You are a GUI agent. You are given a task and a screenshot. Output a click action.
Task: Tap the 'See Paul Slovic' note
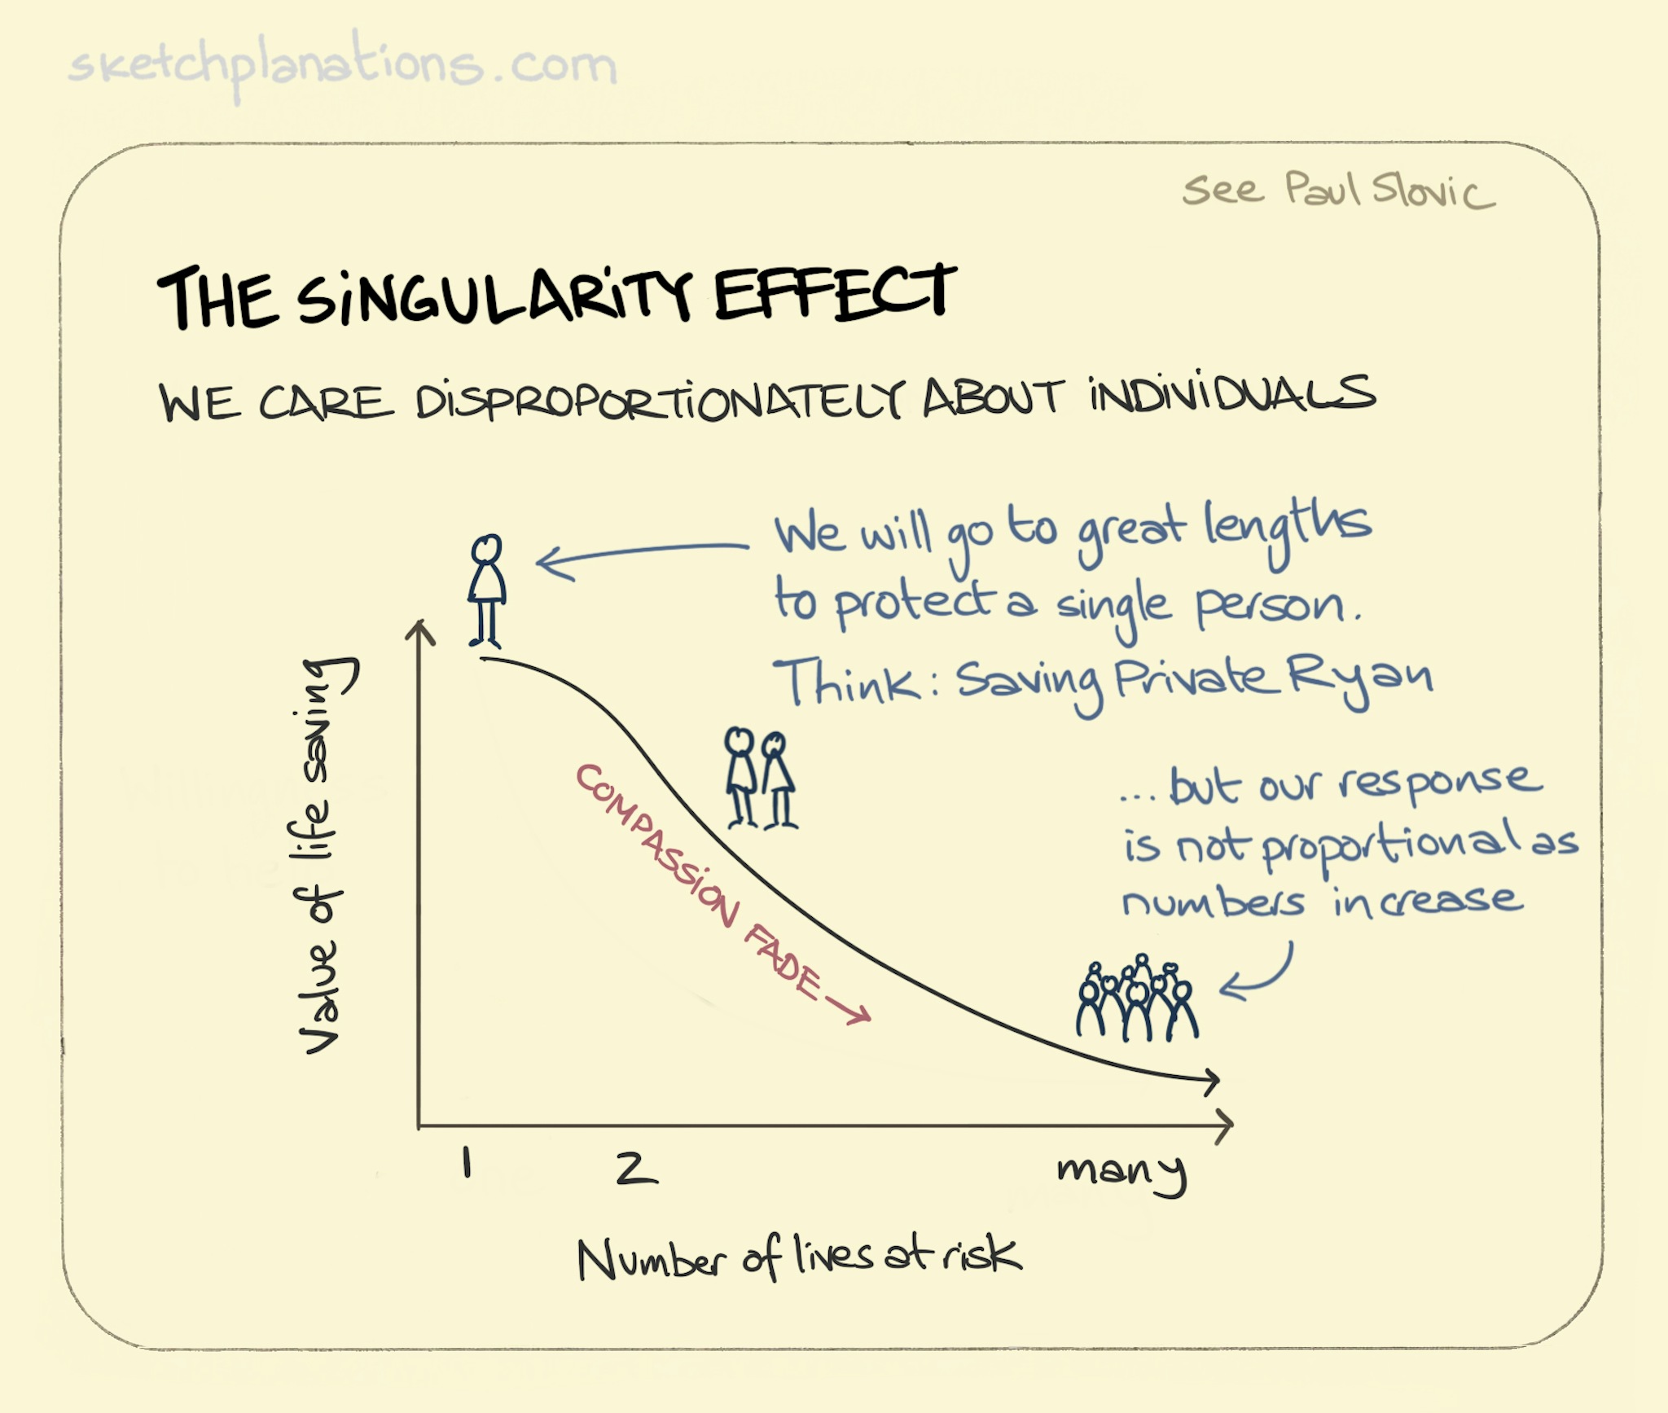[1337, 191]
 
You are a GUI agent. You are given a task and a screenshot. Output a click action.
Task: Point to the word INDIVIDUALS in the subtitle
[1231, 396]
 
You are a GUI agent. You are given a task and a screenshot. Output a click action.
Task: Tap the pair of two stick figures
[760, 778]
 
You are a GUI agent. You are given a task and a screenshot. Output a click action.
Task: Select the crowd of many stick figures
[1137, 1000]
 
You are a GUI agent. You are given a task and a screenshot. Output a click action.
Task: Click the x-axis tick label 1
[467, 1163]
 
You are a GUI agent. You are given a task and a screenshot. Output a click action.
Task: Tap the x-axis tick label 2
[636, 1168]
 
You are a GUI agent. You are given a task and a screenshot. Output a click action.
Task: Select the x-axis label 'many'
[1122, 1171]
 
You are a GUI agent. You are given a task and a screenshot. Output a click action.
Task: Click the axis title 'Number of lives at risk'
[798, 1257]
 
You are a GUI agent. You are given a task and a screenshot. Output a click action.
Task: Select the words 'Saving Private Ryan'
[1193, 681]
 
